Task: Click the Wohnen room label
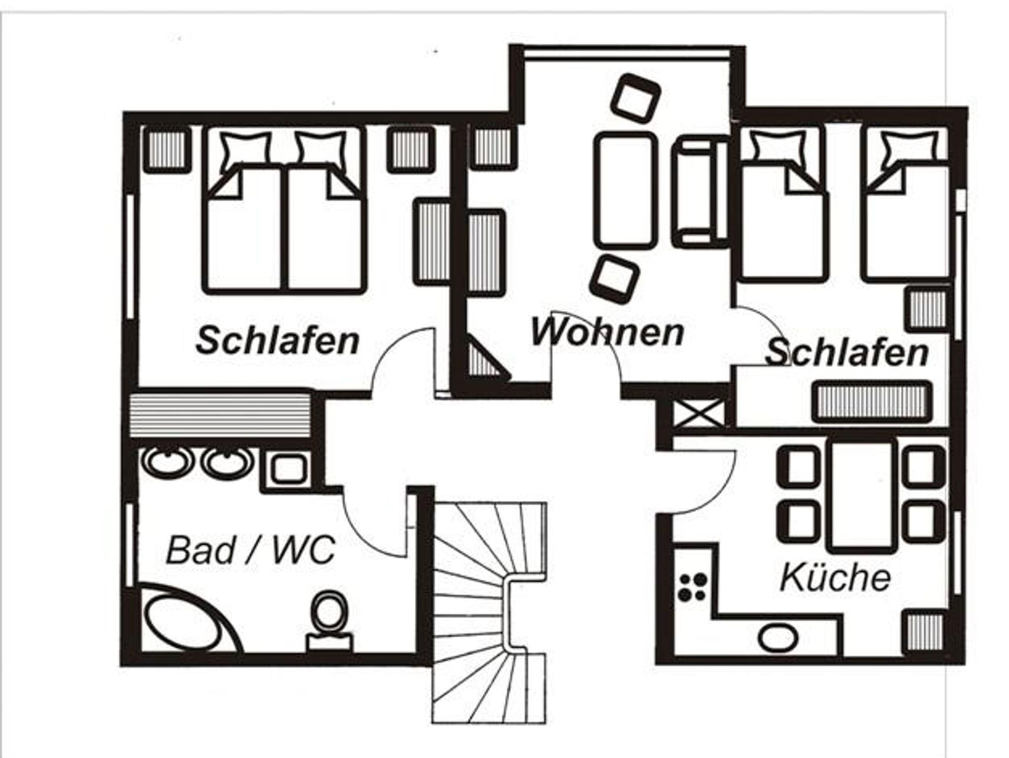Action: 607,332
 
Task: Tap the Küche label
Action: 836,577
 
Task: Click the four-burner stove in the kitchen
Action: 693,587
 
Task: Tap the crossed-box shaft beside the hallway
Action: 699,413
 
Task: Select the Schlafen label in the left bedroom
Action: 277,340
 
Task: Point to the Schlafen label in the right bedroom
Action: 846,352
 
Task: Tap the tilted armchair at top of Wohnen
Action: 635,99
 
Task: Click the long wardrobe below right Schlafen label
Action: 872,401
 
